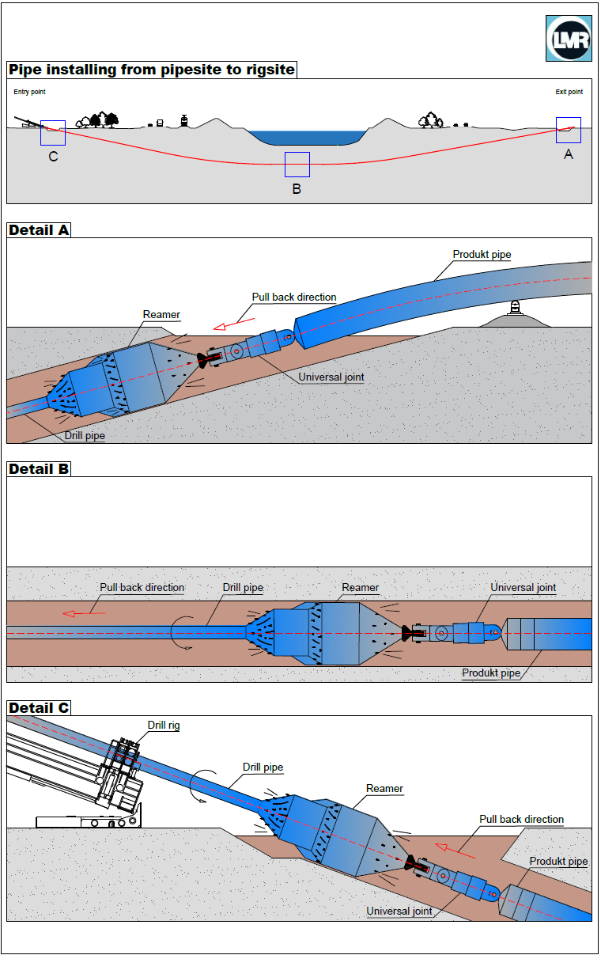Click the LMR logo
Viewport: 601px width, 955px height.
coord(569,37)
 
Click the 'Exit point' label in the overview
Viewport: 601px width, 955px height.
coord(569,92)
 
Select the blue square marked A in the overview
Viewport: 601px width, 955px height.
coord(568,130)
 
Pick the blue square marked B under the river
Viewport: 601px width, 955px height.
coord(297,164)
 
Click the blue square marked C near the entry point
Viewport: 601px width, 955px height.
coord(53,133)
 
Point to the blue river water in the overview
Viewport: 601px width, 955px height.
coord(308,137)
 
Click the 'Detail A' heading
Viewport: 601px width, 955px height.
coord(39,230)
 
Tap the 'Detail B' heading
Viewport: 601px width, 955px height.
coord(39,469)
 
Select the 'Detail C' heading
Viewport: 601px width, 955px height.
coord(39,707)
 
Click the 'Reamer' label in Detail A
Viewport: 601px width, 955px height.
coord(161,315)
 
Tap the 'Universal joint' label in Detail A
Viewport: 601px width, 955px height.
coord(331,377)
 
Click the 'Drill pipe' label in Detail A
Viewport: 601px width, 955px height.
coord(85,436)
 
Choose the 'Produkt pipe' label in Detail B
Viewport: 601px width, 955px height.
coord(491,673)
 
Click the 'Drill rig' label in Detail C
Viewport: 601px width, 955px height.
coord(164,726)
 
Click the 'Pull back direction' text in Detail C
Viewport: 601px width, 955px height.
coord(521,820)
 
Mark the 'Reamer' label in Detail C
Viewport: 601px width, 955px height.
coord(384,789)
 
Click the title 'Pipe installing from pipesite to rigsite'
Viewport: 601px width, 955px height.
coord(152,70)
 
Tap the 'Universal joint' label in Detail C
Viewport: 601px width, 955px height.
coord(399,911)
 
